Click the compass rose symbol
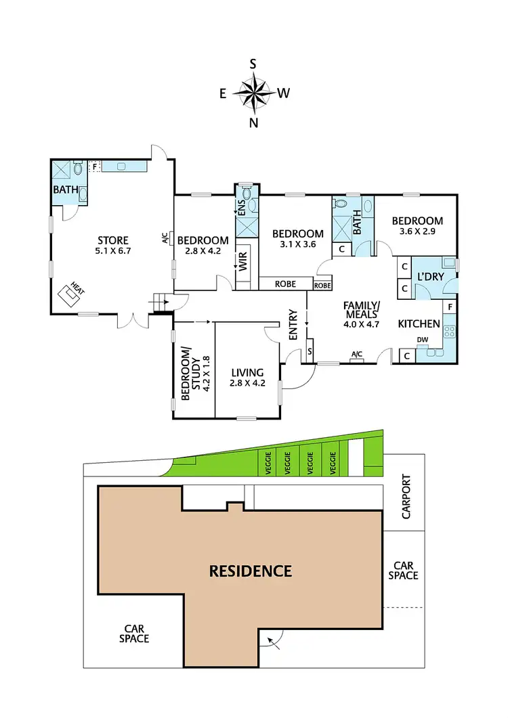point(253,93)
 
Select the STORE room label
point(112,240)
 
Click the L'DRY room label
point(429,276)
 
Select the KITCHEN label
point(419,323)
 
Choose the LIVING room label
point(247,372)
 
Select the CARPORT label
point(406,501)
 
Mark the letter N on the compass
point(253,122)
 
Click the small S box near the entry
point(310,351)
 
